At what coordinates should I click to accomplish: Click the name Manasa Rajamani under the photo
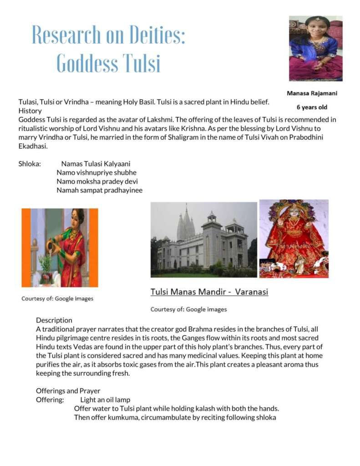point(312,93)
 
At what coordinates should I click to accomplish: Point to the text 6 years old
point(312,107)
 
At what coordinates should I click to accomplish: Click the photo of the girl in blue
point(315,48)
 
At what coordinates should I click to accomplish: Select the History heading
point(30,111)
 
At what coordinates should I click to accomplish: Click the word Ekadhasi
point(33,147)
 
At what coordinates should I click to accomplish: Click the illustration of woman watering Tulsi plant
point(60,248)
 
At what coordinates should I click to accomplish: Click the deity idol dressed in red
point(294,239)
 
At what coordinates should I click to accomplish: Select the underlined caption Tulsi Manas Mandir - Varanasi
point(209,292)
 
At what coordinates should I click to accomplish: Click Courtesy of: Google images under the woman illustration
point(57,299)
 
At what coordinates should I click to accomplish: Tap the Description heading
point(54,320)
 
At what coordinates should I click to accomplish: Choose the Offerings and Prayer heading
point(68,391)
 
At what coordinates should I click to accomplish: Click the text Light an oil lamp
point(105,400)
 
